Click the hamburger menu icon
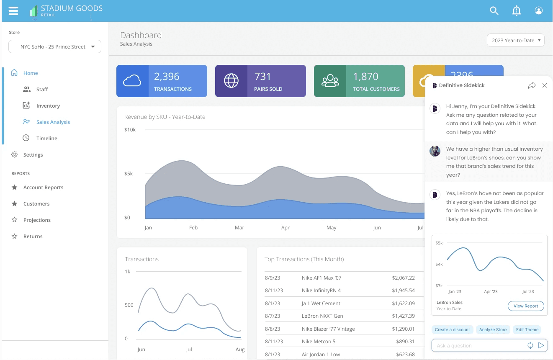coord(13,11)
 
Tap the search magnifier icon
coord(494,10)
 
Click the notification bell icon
coord(517,10)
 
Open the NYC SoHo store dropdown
coord(55,46)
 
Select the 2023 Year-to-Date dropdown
coord(515,40)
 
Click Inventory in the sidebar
coord(48,105)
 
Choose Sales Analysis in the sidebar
coord(53,122)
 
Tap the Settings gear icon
coord(15,154)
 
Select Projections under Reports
coord(37,220)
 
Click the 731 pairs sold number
coord(262,77)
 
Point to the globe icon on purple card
coord(231,81)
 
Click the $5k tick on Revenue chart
coord(129,174)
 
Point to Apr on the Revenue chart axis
coord(285,228)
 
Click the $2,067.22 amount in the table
coord(403,278)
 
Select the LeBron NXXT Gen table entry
coord(322,316)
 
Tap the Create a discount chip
coord(452,329)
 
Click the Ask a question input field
coord(479,345)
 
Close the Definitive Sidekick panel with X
coord(544,85)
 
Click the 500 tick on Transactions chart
coord(129,305)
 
